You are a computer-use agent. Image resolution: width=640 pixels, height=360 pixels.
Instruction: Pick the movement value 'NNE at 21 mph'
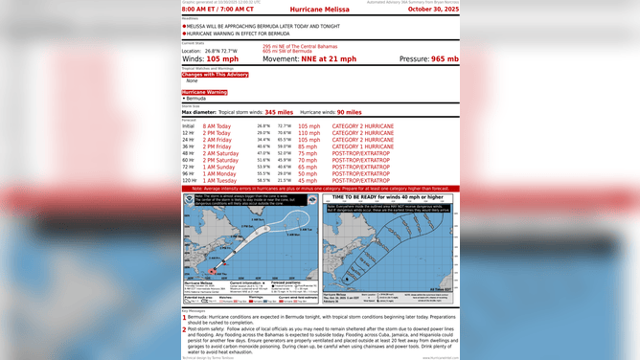[330, 58]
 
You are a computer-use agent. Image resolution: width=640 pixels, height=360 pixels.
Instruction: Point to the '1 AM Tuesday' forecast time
[215, 179]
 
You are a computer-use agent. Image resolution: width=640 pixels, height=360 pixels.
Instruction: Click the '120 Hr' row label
[189, 179]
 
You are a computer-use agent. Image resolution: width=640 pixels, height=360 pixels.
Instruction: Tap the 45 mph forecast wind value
[309, 179]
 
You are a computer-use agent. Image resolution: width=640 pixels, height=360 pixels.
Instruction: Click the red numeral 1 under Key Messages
[184, 316]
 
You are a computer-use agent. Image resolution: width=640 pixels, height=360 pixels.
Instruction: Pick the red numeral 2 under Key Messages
[184, 328]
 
